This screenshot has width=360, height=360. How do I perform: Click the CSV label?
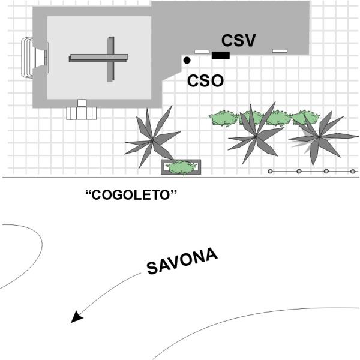[239, 41]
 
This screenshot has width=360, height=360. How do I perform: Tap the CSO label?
[205, 81]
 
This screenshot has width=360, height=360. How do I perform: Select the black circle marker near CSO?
[187, 61]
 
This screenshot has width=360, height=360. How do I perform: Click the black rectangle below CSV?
[221, 56]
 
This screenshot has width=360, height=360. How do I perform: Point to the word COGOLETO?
[131, 195]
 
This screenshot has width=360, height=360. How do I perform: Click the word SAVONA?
[182, 261]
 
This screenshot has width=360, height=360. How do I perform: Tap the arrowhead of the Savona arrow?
[76, 317]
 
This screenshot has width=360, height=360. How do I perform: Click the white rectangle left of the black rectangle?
[202, 52]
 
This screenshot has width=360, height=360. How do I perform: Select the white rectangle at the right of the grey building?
[280, 51]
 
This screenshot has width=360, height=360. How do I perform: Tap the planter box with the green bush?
[181, 167]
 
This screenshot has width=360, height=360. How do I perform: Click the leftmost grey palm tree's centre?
[152, 140]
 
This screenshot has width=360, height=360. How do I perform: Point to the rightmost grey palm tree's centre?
[319, 137]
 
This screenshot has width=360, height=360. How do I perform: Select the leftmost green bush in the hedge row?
[224, 118]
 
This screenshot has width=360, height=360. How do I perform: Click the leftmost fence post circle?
[270, 171]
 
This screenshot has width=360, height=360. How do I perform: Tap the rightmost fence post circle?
[353, 171]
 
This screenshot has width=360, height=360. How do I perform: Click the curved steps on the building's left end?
[27, 58]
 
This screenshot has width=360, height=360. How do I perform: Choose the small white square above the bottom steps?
[82, 103]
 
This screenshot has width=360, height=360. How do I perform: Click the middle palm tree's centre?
[256, 136]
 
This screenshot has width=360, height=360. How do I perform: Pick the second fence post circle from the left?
[299, 171]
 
